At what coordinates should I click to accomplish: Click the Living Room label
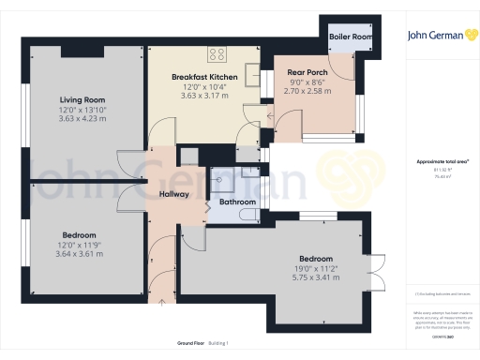(81, 99)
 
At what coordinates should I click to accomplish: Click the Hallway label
(174, 194)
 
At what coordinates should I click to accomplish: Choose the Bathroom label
(237, 202)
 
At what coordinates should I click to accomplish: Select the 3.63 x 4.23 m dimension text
(81, 118)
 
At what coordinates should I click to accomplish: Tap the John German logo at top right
(439, 37)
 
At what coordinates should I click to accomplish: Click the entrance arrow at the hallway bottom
(164, 301)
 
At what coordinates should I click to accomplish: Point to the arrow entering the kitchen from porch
(270, 118)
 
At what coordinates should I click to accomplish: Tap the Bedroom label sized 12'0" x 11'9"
(79, 234)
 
